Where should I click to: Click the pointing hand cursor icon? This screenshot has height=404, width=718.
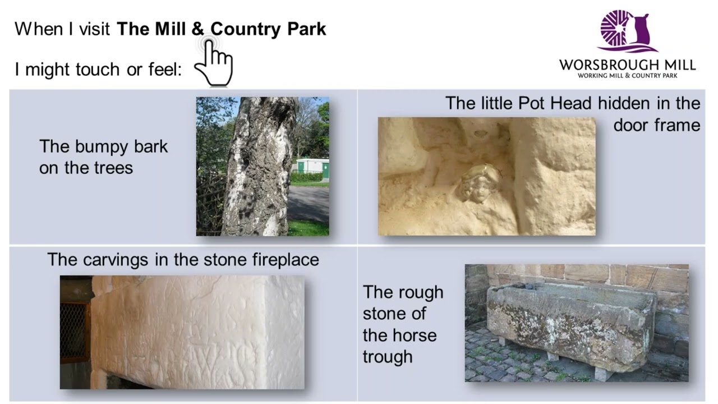pos(216,63)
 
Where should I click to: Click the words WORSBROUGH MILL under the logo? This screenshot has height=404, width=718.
pos(627,65)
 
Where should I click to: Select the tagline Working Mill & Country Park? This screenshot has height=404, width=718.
pos(627,75)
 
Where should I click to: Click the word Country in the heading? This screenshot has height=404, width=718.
pos(246,29)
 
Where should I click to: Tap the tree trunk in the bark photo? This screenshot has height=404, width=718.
pos(258,168)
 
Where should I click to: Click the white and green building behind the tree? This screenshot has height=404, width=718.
pos(309,166)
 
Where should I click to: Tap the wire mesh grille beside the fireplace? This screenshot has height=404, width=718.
pos(75,331)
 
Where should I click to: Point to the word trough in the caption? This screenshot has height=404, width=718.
pos(388,357)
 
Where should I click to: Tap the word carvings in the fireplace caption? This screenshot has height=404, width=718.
pos(118,260)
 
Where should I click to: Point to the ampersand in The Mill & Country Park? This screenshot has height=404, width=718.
pos(199,29)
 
